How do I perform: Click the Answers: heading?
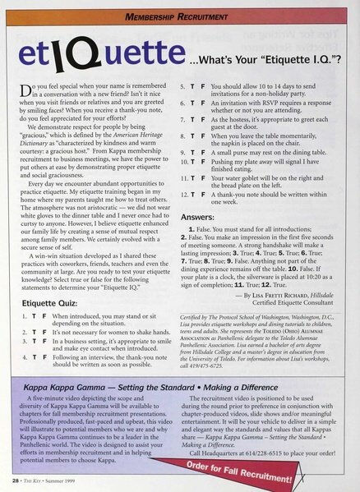(x=201, y=218)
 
